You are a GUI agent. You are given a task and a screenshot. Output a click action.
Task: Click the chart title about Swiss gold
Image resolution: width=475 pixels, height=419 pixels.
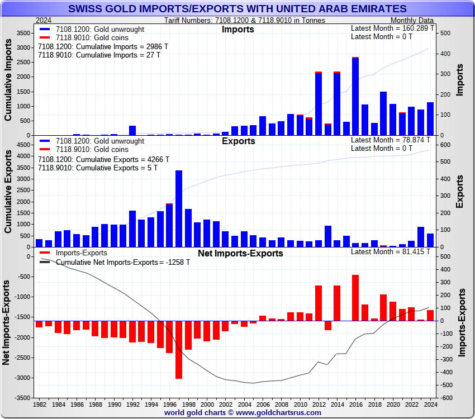pos(237,8)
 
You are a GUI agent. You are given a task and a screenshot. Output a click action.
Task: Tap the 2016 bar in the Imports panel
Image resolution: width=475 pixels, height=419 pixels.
pos(355,96)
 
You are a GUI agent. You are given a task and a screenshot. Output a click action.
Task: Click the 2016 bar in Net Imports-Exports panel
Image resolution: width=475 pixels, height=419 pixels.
pos(355,298)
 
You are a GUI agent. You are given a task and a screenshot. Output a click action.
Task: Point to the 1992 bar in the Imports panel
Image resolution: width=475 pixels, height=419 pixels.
pos(132,131)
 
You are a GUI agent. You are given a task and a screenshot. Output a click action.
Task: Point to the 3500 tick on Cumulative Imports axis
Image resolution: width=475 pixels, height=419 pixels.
pos(23,34)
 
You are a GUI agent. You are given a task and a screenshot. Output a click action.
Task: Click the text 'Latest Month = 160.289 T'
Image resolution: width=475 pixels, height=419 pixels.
pos(391,28)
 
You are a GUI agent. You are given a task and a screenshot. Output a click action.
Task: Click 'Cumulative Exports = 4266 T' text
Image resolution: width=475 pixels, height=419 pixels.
pos(103,159)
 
